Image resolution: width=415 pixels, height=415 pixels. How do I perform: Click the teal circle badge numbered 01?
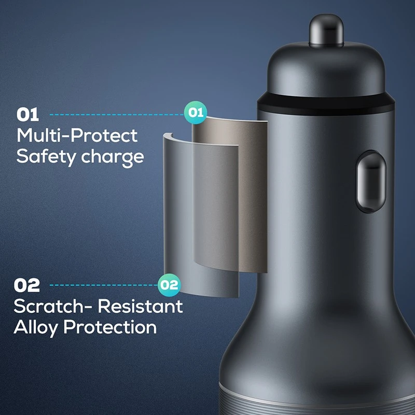(x=196, y=113)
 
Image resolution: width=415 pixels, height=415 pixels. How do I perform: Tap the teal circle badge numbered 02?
(x=169, y=285)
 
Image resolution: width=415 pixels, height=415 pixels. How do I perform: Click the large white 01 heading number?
(x=28, y=115)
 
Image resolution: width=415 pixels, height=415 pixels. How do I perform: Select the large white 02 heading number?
(x=27, y=285)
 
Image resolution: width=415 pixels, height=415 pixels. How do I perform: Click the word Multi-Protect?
(x=77, y=135)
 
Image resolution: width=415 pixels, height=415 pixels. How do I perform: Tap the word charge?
(x=113, y=158)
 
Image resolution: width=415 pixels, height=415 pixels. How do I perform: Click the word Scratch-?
(x=53, y=306)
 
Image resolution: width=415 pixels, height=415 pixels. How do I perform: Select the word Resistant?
(x=140, y=306)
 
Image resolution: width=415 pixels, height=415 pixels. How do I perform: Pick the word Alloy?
(x=35, y=328)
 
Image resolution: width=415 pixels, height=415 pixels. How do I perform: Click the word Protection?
(x=110, y=327)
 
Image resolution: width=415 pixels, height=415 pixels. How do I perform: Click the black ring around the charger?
(x=326, y=105)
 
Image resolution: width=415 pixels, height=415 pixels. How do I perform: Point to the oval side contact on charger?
(x=370, y=182)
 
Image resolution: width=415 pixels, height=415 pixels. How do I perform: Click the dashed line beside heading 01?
(x=117, y=115)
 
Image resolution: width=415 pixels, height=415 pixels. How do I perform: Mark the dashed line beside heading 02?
(x=104, y=285)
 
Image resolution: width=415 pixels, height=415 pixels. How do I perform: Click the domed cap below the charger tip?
(x=326, y=69)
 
